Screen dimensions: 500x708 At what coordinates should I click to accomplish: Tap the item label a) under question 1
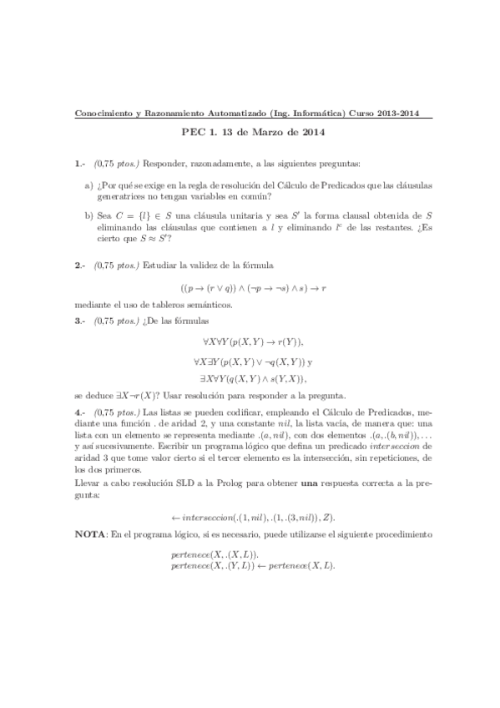[x=89, y=185]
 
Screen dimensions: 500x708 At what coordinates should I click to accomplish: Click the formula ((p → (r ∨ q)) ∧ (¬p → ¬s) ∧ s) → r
[x=252, y=286]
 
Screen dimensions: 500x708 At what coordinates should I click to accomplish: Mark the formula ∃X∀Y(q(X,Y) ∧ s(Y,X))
[x=252, y=378]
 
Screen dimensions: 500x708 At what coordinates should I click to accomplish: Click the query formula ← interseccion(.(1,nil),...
[x=253, y=518]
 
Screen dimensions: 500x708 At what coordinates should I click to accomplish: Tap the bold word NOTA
[x=89, y=534]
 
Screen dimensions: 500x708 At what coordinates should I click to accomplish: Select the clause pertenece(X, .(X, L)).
[x=214, y=554]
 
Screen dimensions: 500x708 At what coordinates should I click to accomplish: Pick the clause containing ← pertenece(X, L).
[x=250, y=565]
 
